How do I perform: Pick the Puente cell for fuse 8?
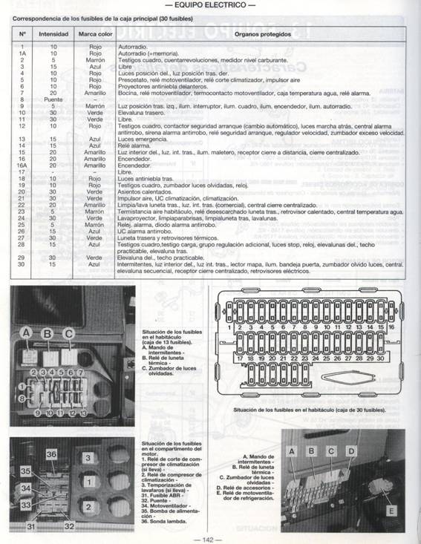(53, 99)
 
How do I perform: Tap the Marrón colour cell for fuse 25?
(94, 223)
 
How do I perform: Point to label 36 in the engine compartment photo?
(51, 453)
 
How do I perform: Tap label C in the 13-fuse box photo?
(68, 333)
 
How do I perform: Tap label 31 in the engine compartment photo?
(30, 525)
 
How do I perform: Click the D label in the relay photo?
(350, 450)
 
